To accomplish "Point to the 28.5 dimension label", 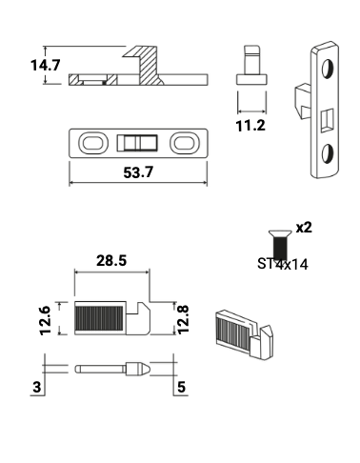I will click(x=112, y=260).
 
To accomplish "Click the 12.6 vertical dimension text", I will click(x=44, y=317).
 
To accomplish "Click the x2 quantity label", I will click(x=304, y=228).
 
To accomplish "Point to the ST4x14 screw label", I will click(x=282, y=264).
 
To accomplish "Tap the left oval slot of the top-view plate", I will click(x=93, y=143).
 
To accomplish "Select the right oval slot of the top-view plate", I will click(x=184, y=143).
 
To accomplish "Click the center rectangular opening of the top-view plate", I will click(x=139, y=143).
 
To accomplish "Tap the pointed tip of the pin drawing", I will click(x=145, y=367).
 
